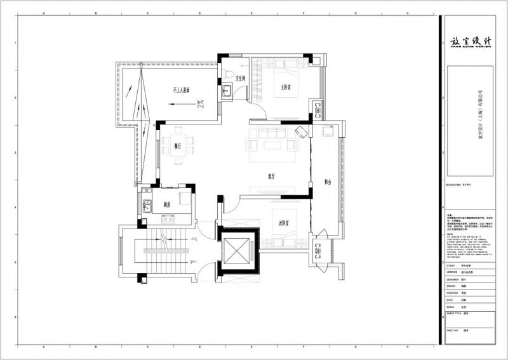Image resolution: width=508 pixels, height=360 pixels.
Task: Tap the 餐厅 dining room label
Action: click(x=177, y=146)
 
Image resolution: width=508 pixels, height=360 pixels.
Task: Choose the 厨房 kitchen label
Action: click(x=167, y=204)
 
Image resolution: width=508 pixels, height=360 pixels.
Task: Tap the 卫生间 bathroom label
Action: click(x=241, y=78)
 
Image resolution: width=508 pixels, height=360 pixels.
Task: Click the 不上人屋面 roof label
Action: click(x=185, y=90)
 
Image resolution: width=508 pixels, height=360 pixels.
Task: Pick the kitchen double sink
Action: click(x=147, y=206)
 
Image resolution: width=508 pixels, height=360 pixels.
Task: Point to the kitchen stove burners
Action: click(x=184, y=199)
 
